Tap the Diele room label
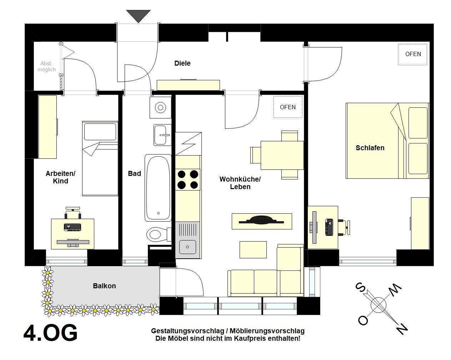click(x=182, y=63)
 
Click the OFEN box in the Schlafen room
click(x=413, y=55)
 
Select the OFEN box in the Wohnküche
click(x=288, y=107)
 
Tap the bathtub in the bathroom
click(x=158, y=188)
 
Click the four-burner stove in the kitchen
click(x=187, y=179)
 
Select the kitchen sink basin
click(x=187, y=247)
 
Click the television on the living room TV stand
click(x=261, y=220)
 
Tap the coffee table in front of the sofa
click(x=253, y=250)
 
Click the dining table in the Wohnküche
click(x=282, y=155)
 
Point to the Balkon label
click(x=104, y=286)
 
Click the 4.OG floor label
click(x=50, y=333)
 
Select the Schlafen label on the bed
click(x=370, y=148)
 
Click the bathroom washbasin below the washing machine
click(x=162, y=135)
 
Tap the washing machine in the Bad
click(x=161, y=107)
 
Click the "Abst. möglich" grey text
click(x=46, y=66)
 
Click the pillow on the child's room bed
click(x=100, y=132)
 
